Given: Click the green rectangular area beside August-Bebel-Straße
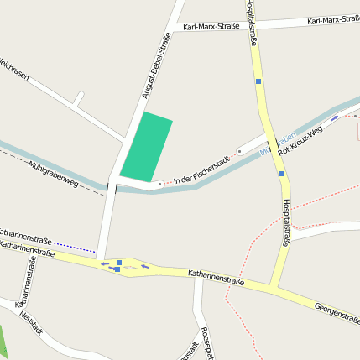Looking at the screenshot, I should pyautogui.click(x=146, y=147).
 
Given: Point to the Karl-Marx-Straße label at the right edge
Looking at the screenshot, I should pyautogui.click(x=333, y=19).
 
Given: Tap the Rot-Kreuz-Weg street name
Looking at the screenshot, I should pyautogui.click(x=303, y=140).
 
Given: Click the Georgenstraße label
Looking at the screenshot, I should pyautogui.click(x=337, y=311).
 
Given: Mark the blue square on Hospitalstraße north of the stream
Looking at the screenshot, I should pyautogui.click(x=259, y=81).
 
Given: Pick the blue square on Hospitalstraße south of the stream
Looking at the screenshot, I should pyautogui.click(x=282, y=174).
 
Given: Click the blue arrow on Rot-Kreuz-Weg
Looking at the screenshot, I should pyautogui.click(x=336, y=117).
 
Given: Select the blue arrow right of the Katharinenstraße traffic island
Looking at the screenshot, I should pyautogui.click(x=145, y=267).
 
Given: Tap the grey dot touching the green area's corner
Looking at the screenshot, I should pyautogui.click(x=159, y=183).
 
